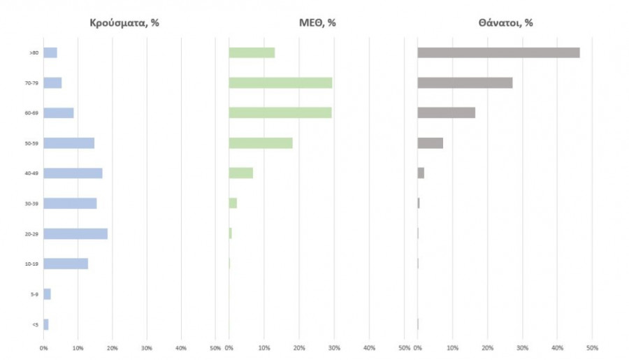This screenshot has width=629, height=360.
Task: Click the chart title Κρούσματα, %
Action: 124,23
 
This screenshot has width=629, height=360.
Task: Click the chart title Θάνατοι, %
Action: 506,23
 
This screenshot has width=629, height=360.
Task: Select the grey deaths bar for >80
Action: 498,52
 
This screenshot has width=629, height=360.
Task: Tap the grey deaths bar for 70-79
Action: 465,82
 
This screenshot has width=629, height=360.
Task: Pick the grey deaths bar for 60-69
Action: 446,113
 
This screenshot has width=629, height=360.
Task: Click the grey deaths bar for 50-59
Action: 430,143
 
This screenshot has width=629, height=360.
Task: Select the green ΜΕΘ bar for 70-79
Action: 280,82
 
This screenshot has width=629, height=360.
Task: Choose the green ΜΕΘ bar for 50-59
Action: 261,143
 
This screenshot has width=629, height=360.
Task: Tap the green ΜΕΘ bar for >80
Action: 252,52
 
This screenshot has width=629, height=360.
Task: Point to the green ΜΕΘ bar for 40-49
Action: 240,173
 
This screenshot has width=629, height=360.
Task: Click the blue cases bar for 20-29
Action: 75,233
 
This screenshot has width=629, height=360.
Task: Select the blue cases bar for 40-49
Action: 73,173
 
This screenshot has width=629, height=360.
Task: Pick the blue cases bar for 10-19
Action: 66,264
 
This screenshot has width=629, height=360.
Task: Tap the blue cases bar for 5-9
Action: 47,294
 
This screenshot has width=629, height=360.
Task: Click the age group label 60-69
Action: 30,113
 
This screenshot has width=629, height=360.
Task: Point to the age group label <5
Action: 34,324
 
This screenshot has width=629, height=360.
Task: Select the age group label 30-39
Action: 30,203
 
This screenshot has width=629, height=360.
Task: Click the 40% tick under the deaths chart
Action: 558,347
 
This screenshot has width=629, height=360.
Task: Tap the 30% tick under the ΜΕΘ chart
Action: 334,347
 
